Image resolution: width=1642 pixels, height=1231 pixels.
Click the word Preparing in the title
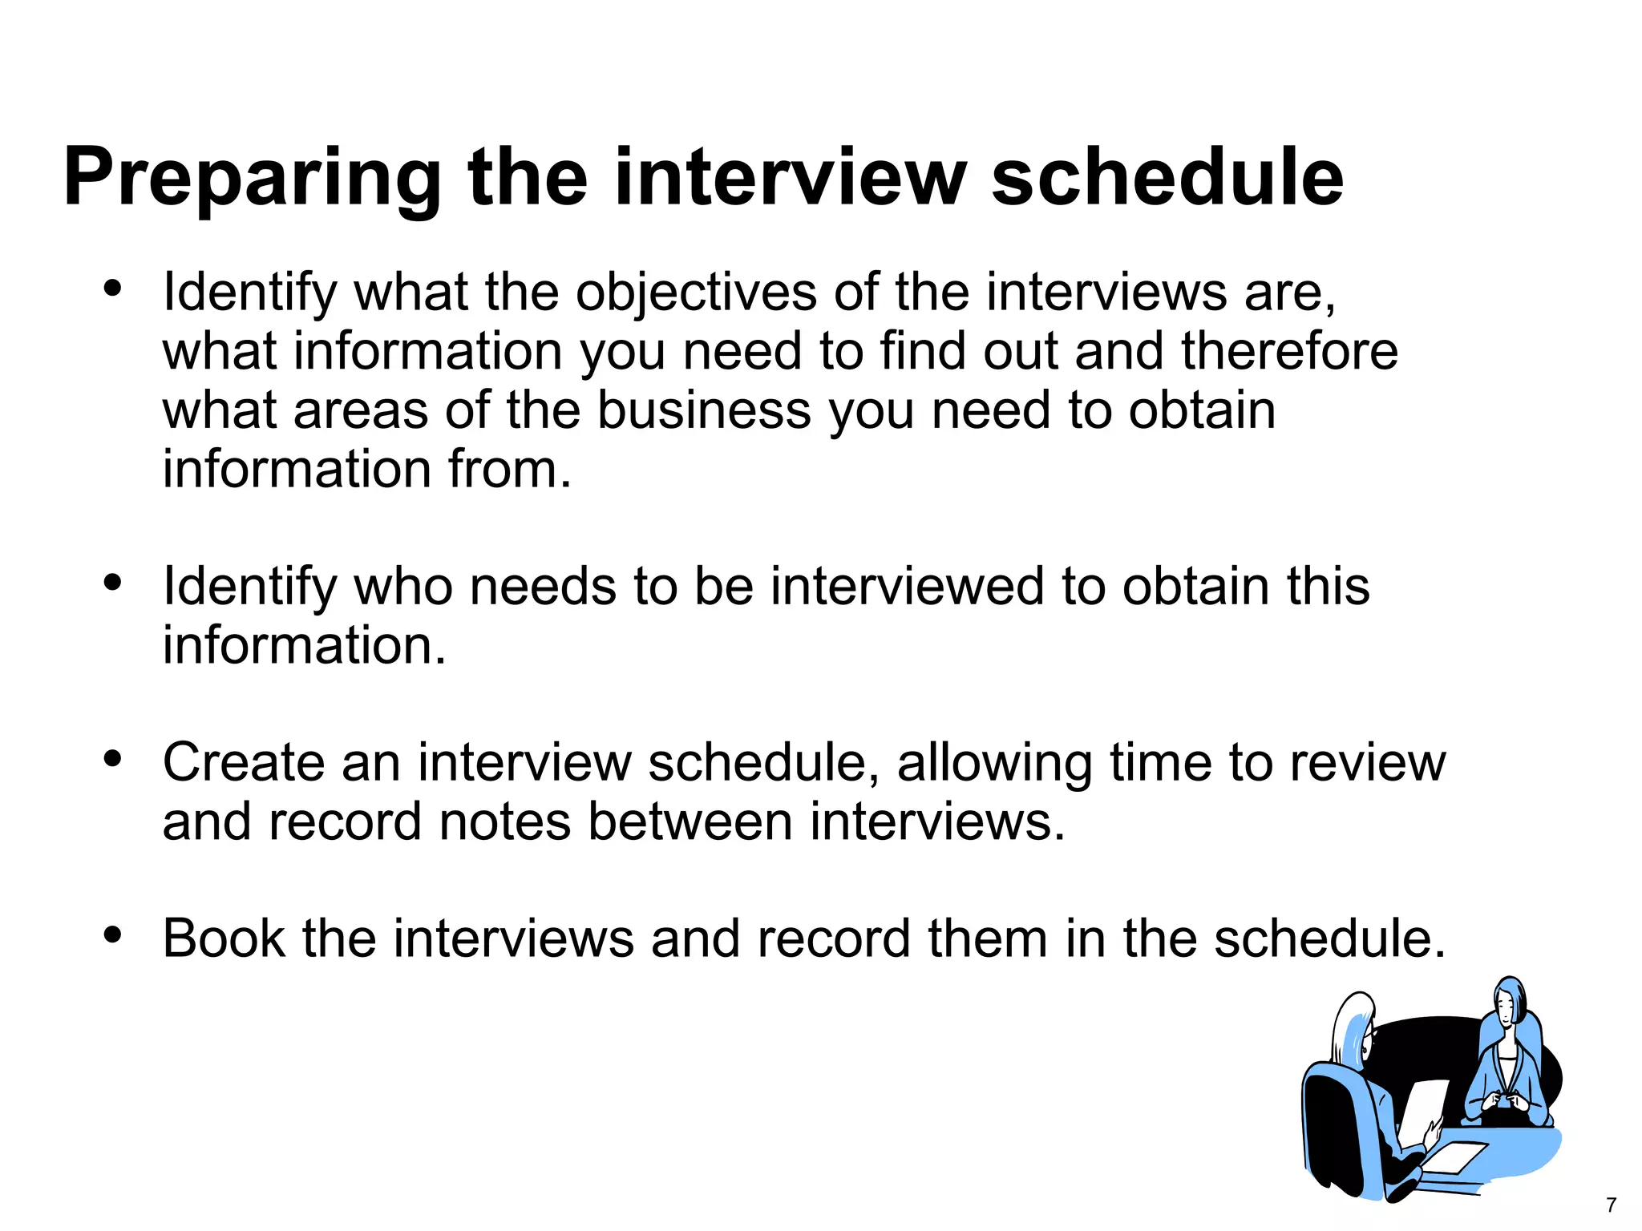[252, 178]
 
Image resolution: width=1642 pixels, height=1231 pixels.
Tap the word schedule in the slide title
[1167, 178]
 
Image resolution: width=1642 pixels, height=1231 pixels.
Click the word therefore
[1289, 351]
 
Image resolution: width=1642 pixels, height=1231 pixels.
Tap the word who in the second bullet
[403, 587]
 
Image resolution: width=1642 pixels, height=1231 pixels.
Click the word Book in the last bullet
[224, 938]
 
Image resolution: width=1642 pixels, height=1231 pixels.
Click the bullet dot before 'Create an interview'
[112, 757]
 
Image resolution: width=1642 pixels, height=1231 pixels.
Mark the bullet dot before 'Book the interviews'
[112, 934]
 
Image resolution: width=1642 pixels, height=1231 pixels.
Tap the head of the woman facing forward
[1509, 1002]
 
